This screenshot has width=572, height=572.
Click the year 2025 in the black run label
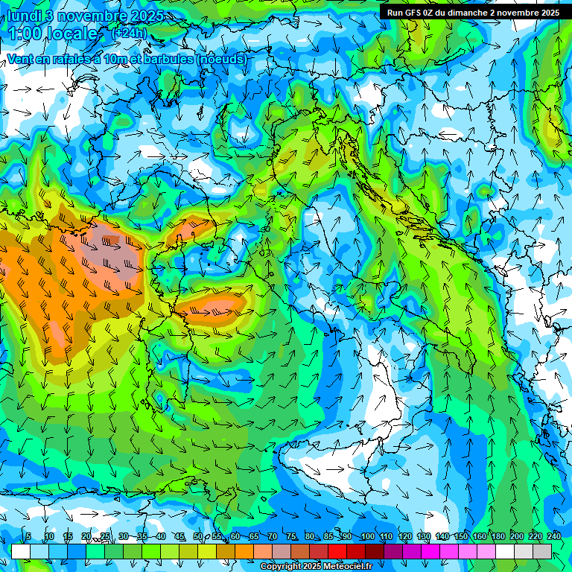coord(549,13)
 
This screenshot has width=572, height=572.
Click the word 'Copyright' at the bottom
coord(280,567)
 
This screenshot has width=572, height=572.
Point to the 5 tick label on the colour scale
coord(28,536)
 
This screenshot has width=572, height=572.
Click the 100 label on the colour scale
coord(367,536)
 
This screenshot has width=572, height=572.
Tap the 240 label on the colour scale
coord(553,536)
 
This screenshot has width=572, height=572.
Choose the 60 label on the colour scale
coord(235,536)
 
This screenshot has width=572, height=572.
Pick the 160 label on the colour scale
coord(479,536)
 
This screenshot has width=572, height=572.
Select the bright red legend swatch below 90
coord(337,551)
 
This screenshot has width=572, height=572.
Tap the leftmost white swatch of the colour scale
coord(20,551)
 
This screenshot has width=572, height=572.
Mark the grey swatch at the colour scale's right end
coord(542,551)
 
